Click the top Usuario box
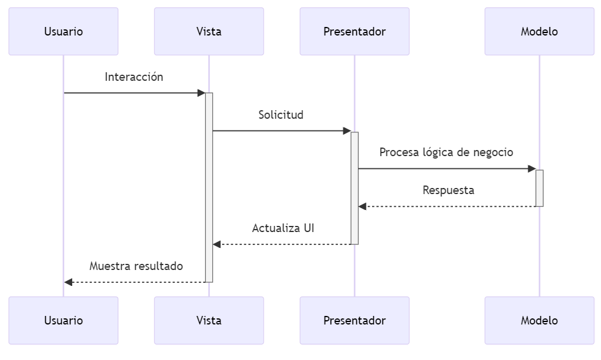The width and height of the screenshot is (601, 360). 63,32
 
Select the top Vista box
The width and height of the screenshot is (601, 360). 209,32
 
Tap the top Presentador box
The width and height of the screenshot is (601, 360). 354,32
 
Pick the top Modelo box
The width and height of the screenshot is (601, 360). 539,32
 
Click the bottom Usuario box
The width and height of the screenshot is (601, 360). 63,320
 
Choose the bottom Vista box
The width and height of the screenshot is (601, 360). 209,320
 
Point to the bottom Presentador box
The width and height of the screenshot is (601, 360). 354,320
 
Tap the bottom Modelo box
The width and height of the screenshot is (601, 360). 539,320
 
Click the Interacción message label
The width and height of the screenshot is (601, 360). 134,77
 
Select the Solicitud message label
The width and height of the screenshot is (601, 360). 281,115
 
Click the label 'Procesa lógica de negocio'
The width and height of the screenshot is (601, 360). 446,152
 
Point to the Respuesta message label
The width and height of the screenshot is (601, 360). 449,190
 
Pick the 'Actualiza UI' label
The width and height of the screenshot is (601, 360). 283,228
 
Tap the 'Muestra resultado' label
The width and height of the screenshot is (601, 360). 136,266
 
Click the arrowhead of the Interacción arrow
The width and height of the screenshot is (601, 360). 201,93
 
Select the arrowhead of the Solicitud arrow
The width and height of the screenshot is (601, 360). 347,131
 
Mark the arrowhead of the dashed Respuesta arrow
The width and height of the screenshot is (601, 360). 362,207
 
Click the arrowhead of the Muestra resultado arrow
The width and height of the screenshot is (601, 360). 68,282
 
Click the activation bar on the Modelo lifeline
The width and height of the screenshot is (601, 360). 539,188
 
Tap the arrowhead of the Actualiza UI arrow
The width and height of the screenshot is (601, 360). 217,245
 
